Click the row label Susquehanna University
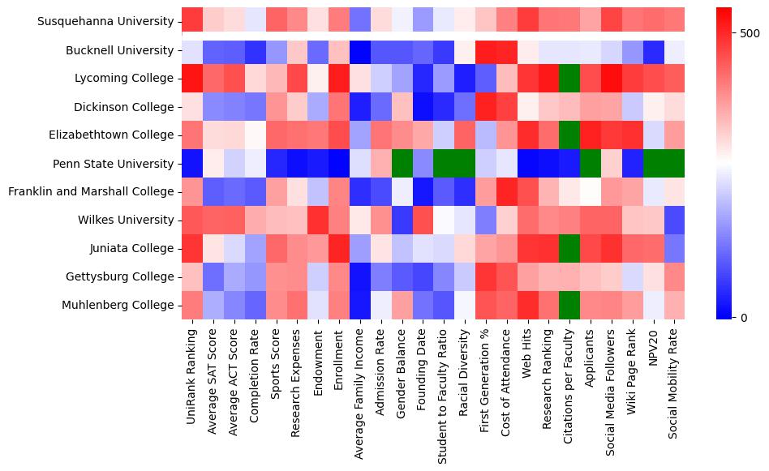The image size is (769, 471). click(x=105, y=22)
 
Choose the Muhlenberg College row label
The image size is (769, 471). click(x=118, y=305)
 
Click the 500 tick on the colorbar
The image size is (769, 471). click(x=750, y=32)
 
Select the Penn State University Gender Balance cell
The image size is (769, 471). click(x=402, y=164)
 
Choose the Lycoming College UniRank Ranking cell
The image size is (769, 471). click(x=191, y=79)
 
